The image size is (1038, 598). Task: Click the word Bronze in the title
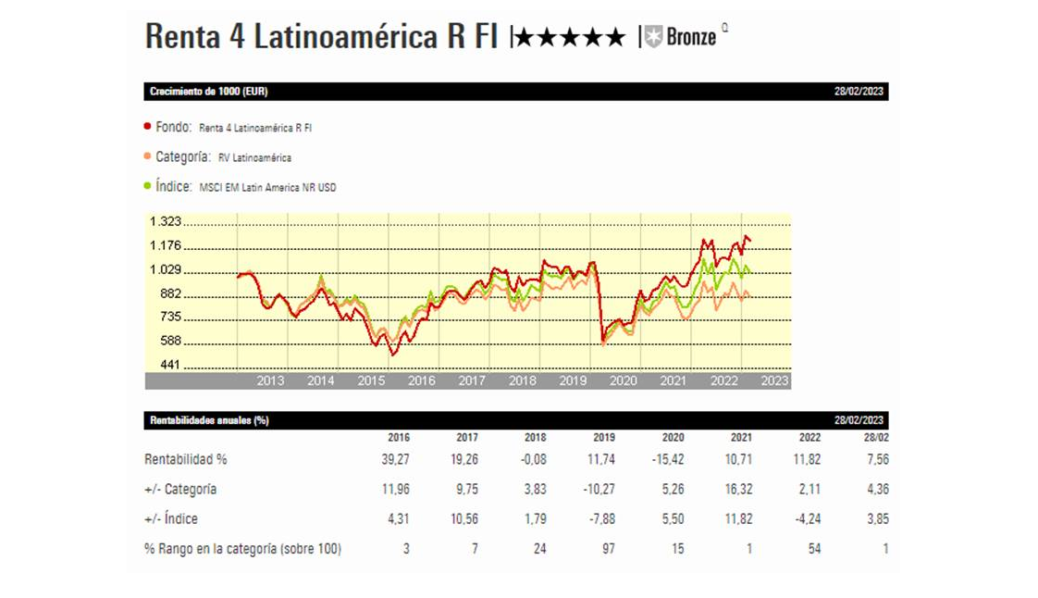tap(690, 38)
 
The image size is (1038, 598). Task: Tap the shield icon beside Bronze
tap(654, 38)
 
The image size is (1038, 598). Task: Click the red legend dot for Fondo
tap(148, 127)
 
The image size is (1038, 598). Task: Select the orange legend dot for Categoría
tap(148, 156)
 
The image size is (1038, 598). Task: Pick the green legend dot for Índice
tap(148, 186)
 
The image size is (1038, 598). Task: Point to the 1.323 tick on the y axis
tap(165, 221)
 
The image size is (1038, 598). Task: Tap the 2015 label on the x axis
tap(371, 380)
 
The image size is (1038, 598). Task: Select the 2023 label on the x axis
tap(773, 380)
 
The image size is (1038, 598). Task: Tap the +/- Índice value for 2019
tap(602, 519)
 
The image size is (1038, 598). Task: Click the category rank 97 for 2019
tap(608, 549)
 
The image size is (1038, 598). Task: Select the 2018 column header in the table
tap(535, 438)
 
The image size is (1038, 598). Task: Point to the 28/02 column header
tap(874, 438)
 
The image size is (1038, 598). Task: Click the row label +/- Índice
tap(171, 519)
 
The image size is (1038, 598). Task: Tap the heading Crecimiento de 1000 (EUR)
tap(209, 92)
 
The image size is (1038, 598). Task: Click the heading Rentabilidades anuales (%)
tap(209, 420)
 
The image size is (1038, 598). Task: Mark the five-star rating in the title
tap(570, 38)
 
